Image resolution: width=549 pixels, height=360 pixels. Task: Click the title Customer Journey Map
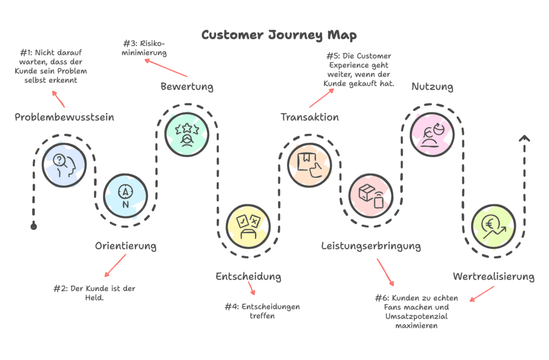click(x=278, y=35)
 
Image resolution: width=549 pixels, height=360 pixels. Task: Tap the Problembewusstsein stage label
click(x=64, y=117)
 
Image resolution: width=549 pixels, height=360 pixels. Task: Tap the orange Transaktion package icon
click(x=309, y=164)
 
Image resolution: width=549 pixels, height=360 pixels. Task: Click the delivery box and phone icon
click(x=370, y=194)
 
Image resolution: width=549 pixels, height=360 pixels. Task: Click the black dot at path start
click(x=34, y=227)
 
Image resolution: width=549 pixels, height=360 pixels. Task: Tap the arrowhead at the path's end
click(x=524, y=139)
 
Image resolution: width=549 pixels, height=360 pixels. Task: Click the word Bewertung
click(x=187, y=86)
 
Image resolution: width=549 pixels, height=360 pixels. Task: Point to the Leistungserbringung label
click(x=371, y=246)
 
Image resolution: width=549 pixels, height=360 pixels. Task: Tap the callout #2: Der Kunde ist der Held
click(x=94, y=292)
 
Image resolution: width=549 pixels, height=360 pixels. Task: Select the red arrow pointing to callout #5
click(x=321, y=98)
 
